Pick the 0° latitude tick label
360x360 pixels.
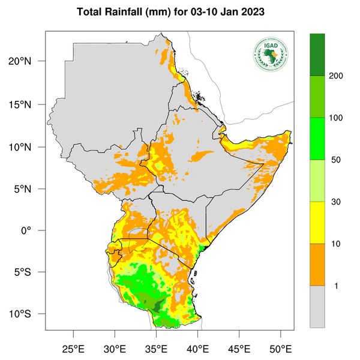[x=35, y=231]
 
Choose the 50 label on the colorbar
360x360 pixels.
[x=336, y=160]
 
